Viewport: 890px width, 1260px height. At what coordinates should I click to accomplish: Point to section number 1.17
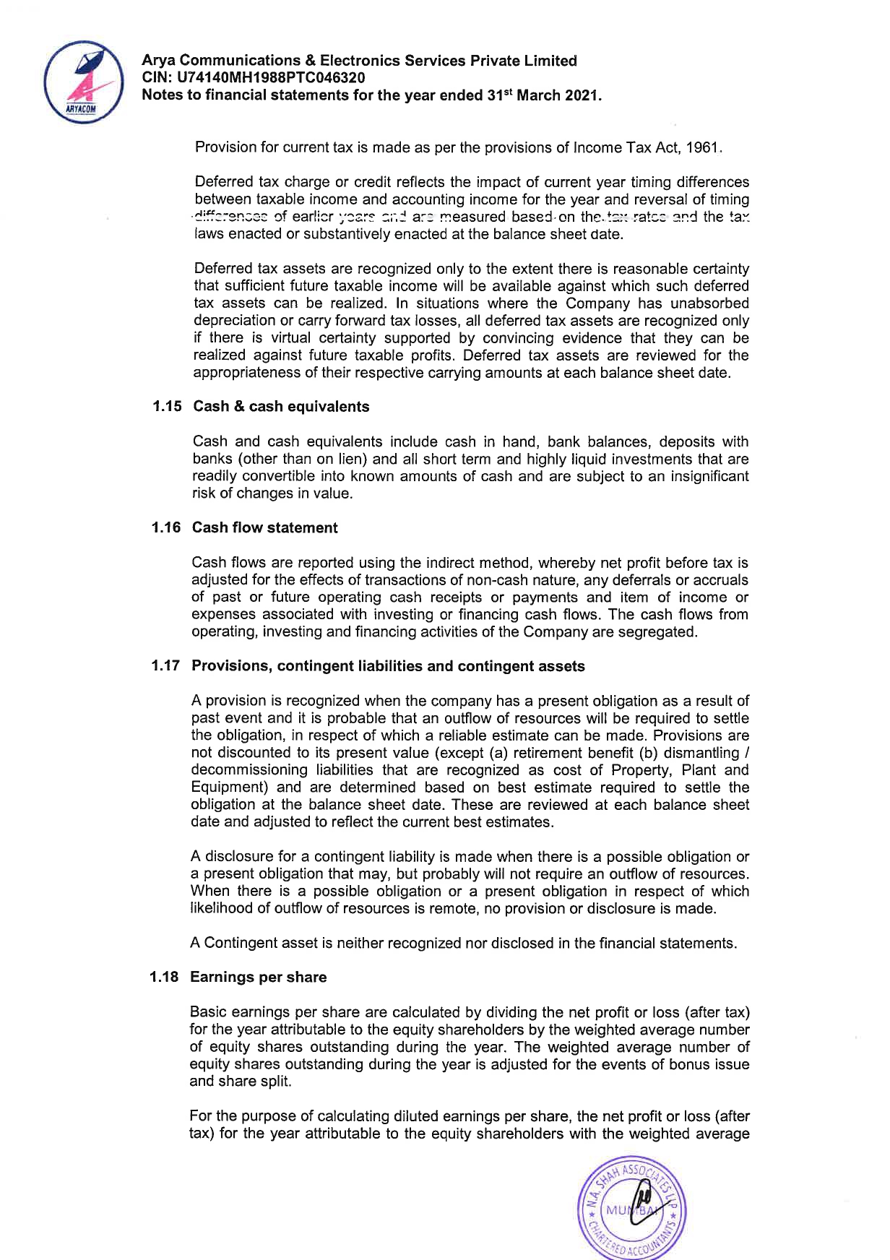[165, 666]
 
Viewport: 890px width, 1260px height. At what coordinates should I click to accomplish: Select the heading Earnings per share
[258, 978]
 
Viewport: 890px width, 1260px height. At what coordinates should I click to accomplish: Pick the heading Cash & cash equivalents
[281, 407]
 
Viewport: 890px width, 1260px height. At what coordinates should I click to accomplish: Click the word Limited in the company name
[550, 61]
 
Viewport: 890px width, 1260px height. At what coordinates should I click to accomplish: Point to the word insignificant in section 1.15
[706, 477]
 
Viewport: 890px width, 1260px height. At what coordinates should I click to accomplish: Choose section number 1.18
[165, 978]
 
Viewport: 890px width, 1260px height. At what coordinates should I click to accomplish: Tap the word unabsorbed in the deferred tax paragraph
[709, 303]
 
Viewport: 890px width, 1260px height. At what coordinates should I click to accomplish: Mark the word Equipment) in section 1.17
[229, 788]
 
